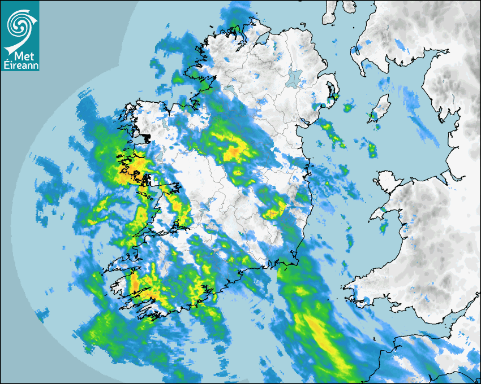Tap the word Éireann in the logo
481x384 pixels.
pyautogui.click(x=20, y=66)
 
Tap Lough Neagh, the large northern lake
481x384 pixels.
pyautogui.click(x=293, y=76)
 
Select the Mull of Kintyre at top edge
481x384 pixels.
pyautogui.click(x=331, y=14)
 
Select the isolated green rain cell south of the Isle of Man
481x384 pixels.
pyautogui.click(x=372, y=150)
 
